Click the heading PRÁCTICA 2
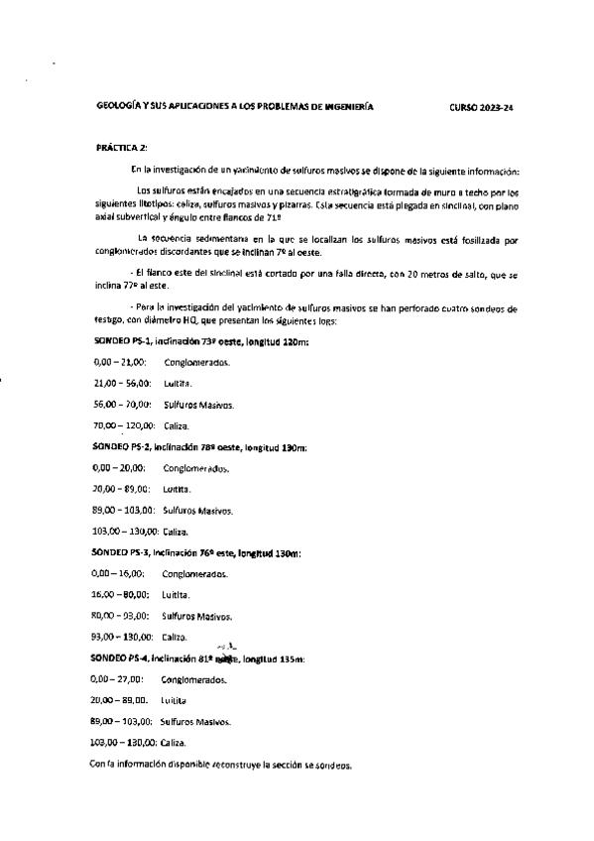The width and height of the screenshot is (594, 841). (x=120, y=147)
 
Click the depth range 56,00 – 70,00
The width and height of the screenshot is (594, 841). (x=120, y=405)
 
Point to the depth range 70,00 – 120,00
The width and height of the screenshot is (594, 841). (x=123, y=425)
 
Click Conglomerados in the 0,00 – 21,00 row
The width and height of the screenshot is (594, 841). (x=197, y=363)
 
